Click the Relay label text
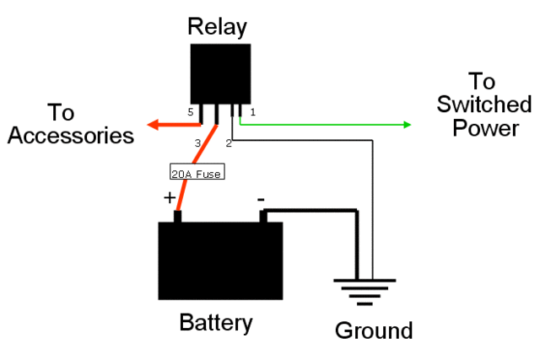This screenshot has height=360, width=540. pos(218,27)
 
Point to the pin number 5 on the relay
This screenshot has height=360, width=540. pos(191,111)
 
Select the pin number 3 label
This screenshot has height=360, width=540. pos(197,144)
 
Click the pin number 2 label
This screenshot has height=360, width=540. pos(229,143)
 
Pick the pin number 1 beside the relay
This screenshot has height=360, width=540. pos(252,111)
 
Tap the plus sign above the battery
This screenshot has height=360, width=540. pos(170,198)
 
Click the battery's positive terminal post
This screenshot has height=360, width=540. pos(178,217)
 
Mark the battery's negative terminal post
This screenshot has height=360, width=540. pos(264,217)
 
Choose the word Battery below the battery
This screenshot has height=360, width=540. pos(216,323)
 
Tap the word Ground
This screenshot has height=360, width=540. pos(374,330)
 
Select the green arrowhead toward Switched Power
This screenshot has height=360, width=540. pos(407,125)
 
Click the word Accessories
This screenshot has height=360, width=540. pos(73,135)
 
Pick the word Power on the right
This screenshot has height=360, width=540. pos(485,128)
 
